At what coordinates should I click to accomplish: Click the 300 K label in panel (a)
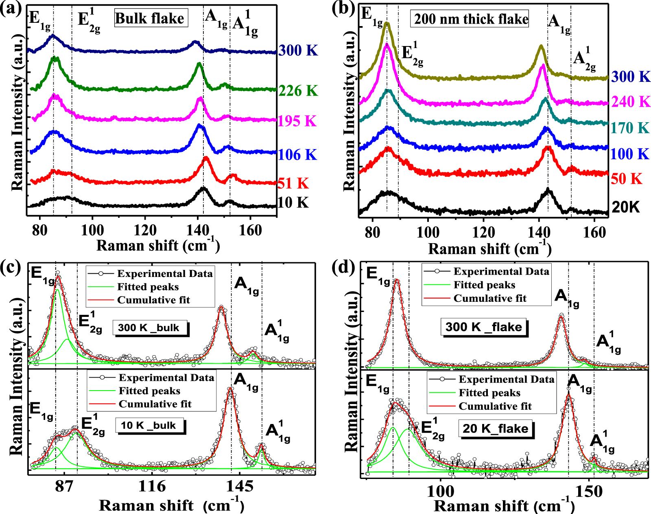(x=298, y=51)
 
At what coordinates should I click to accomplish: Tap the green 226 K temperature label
(x=298, y=91)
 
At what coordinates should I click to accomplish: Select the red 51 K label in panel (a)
(x=293, y=184)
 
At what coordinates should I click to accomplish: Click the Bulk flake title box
(x=150, y=19)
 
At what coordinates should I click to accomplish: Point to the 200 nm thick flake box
(x=471, y=19)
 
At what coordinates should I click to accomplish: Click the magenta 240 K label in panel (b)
(x=631, y=102)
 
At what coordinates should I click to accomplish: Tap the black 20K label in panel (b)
(x=626, y=207)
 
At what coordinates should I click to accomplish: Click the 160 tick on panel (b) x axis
(x=594, y=233)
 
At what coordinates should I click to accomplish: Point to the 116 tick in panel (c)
(x=152, y=486)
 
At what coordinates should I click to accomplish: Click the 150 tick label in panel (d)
(x=589, y=492)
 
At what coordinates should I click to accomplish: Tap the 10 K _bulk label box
(x=151, y=426)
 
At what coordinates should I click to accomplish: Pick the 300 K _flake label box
(x=483, y=327)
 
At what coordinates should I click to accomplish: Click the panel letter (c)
(x=11, y=267)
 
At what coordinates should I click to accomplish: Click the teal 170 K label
(x=629, y=128)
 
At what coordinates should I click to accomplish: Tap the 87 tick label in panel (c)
(x=64, y=486)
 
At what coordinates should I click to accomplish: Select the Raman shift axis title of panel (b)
(x=490, y=249)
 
